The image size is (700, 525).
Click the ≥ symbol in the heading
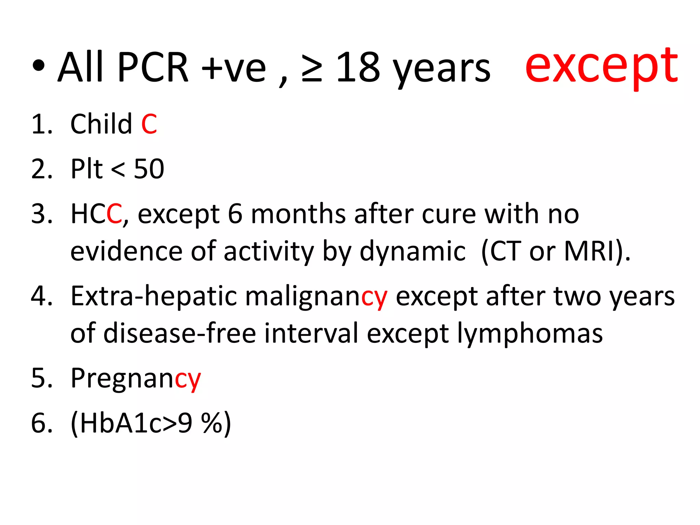point(312,68)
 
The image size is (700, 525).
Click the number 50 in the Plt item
point(149,169)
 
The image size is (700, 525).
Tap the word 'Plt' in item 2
point(86,169)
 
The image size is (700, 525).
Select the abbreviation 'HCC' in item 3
point(96,214)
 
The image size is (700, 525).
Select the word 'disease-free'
point(180,334)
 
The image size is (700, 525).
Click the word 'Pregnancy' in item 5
point(136,379)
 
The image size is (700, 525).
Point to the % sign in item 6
point(212,423)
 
